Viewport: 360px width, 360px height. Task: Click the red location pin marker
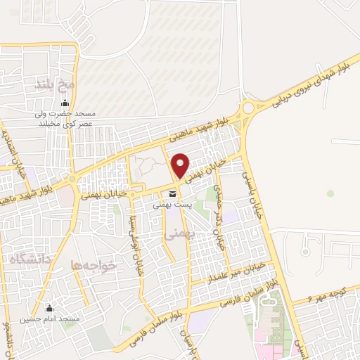(x=181, y=165)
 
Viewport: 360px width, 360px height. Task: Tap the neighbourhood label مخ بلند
(x=55, y=85)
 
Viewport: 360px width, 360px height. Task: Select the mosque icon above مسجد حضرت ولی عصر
(x=65, y=104)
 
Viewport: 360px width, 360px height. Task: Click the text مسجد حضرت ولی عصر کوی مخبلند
(x=66, y=119)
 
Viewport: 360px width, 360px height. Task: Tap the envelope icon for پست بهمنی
(x=170, y=194)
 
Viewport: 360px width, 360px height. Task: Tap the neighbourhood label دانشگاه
(x=26, y=259)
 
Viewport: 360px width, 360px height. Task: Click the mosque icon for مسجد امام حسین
(x=49, y=308)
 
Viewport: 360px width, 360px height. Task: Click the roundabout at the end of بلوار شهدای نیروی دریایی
(x=247, y=108)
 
